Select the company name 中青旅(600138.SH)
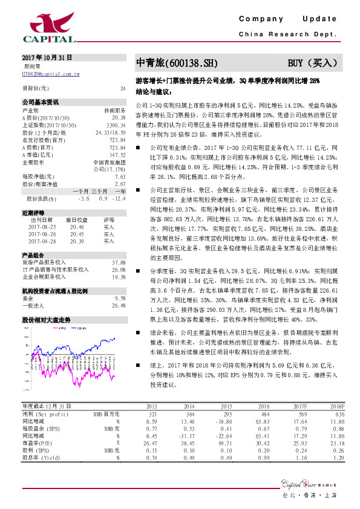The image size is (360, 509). click(175, 63)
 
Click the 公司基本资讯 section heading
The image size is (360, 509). click(41, 102)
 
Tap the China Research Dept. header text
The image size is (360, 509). click(287, 34)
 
